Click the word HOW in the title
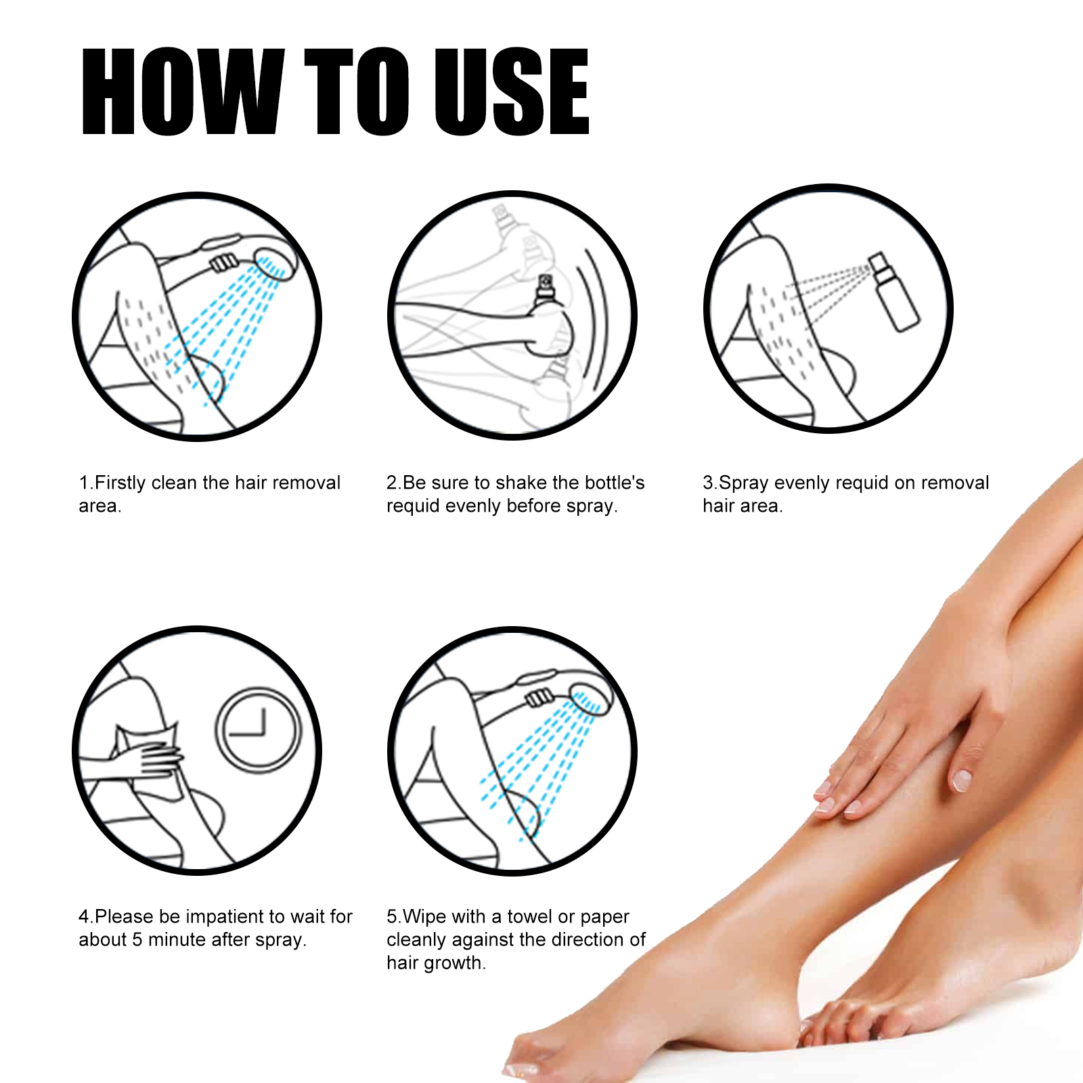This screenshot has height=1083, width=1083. click(181, 92)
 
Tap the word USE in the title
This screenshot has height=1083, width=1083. click(510, 92)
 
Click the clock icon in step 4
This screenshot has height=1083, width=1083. click(257, 730)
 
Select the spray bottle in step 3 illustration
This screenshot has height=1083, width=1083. click(893, 292)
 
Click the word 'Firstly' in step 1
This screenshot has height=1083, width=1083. click(120, 483)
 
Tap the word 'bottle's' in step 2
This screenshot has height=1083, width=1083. click(614, 483)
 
